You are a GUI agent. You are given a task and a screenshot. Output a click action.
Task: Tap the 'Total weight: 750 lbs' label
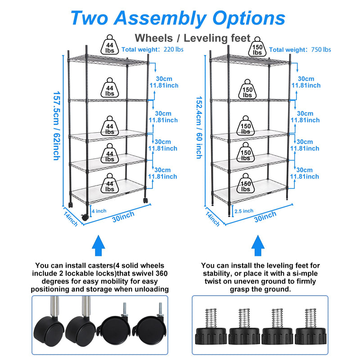point(301,49)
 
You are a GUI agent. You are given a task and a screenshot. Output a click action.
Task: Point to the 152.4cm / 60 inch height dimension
point(198,127)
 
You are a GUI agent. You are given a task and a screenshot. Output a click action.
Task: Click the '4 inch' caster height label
point(99,210)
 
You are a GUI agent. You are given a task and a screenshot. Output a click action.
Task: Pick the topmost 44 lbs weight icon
point(110,45)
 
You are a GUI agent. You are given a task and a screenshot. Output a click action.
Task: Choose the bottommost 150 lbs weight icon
point(245,184)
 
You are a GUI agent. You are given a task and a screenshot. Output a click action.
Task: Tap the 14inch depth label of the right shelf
point(212,219)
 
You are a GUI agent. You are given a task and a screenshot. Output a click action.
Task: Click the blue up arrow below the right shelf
point(258,246)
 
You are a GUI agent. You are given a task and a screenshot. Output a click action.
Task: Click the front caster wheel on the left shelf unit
point(85,216)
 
